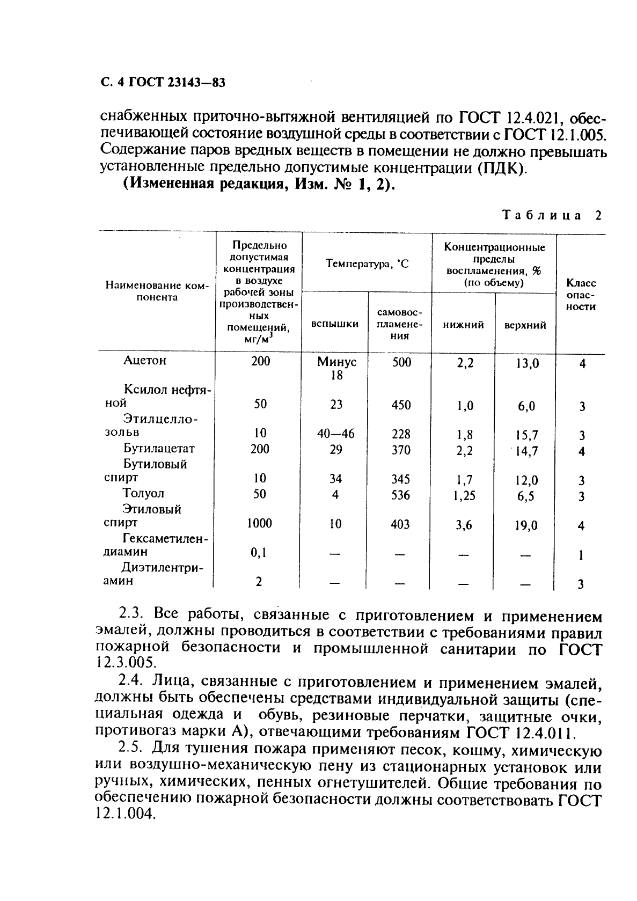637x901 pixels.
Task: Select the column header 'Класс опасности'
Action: point(581,295)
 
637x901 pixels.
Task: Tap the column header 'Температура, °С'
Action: point(367,263)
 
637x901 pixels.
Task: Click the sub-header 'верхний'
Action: point(525,325)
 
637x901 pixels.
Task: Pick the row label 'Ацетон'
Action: point(145,360)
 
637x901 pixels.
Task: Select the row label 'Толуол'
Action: point(143,493)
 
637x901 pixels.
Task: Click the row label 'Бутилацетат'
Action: point(159,448)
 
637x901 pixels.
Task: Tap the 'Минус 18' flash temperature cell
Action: point(336,368)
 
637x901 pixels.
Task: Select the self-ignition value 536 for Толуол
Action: point(400,494)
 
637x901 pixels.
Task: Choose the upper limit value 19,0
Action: point(526,526)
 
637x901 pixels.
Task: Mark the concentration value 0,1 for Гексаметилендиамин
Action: point(259,553)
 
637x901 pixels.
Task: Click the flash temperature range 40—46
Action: point(336,434)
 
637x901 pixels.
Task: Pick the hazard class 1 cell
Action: point(581,555)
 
